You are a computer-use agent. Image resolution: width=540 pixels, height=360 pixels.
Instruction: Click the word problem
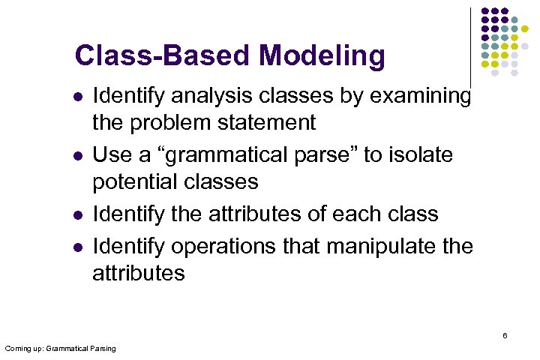[x=162, y=121]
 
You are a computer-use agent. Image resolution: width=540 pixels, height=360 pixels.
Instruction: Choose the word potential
[x=134, y=181]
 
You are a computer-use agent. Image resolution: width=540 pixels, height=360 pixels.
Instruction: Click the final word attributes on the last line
[x=138, y=272]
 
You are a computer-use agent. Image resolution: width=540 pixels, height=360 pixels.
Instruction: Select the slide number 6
[x=505, y=335]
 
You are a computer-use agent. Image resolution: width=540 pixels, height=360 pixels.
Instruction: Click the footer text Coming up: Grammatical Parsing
[x=60, y=349]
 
